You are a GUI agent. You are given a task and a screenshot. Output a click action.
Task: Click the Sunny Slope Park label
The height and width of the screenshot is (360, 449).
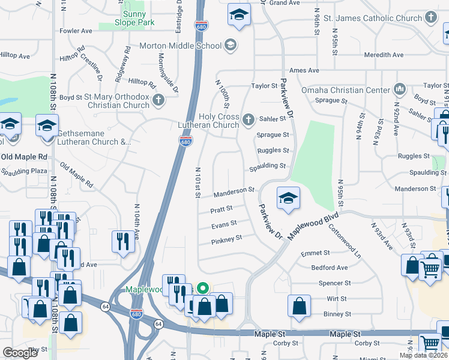tap(138, 18)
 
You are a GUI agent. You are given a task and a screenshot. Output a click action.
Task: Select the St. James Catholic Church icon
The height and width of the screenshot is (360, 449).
tap(431, 19)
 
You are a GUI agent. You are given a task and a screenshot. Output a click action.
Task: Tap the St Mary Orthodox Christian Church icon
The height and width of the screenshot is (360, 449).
tap(158, 100)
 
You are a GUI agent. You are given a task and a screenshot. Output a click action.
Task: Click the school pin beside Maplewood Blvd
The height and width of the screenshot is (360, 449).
tap(288, 199)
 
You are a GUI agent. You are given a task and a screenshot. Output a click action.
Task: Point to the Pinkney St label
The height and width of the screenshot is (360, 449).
tap(226, 239)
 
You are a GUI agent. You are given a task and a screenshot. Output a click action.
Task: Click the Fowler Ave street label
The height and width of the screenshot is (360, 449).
tap(76, 31)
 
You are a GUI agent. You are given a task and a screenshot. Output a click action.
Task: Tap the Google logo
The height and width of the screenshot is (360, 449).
tap(20, 353)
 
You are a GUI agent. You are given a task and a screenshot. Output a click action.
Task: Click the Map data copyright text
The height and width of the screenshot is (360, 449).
tap(423, 355)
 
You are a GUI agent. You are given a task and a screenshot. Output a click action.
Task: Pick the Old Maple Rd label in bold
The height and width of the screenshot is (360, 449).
tap(24, 157)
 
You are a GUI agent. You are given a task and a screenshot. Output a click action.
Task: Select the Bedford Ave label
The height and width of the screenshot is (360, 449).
tap(329, 268)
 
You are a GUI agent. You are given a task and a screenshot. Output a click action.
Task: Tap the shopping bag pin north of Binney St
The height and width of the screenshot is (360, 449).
tap(299, 305)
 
